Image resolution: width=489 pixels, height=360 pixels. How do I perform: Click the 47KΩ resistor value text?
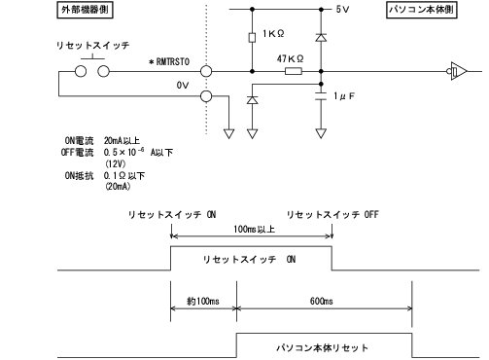[x=289, y=59]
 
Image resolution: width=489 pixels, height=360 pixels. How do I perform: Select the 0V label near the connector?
[x=182, y=85]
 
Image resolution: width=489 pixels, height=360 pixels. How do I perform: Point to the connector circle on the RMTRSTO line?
[x=206, y=70]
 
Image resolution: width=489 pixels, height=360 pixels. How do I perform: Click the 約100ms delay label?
[x=202, y=302]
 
